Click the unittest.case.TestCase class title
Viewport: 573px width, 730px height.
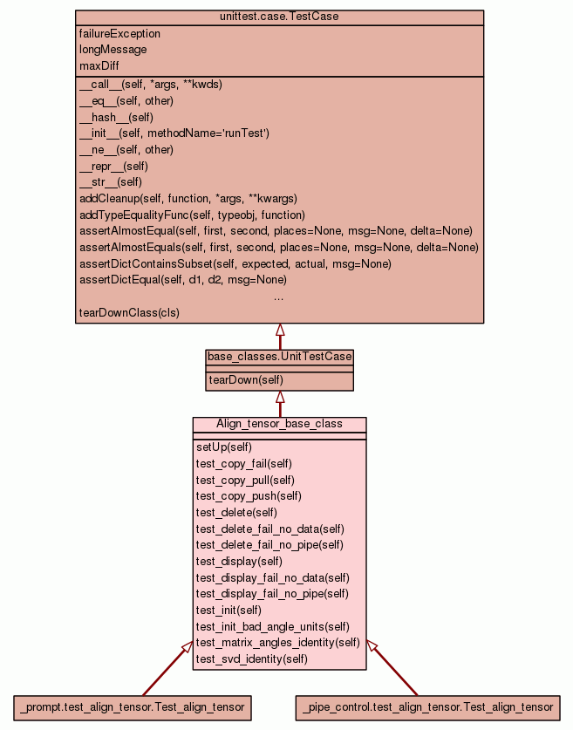279,17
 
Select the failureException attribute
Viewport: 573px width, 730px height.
119,34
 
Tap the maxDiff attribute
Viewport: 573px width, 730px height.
99,65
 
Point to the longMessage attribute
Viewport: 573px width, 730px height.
113,50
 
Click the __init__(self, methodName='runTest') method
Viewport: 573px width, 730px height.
174,133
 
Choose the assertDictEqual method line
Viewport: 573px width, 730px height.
182,280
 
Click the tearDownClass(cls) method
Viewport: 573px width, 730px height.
129,312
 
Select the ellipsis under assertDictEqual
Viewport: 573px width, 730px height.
278,297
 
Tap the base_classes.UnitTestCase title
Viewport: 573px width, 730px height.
280,357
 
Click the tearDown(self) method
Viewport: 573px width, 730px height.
245,380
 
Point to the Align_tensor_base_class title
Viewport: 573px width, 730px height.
279,424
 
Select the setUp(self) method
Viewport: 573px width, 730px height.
224,447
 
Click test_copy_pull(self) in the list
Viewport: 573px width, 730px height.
245,480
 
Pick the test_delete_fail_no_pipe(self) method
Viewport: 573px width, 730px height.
269,545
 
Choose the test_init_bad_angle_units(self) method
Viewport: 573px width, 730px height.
272,626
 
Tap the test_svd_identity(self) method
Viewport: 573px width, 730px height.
251,658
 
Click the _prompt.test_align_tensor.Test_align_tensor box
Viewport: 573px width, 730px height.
133,707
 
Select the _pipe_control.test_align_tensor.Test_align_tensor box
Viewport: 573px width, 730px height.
427,707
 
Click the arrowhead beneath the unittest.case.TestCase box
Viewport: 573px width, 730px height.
280,330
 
